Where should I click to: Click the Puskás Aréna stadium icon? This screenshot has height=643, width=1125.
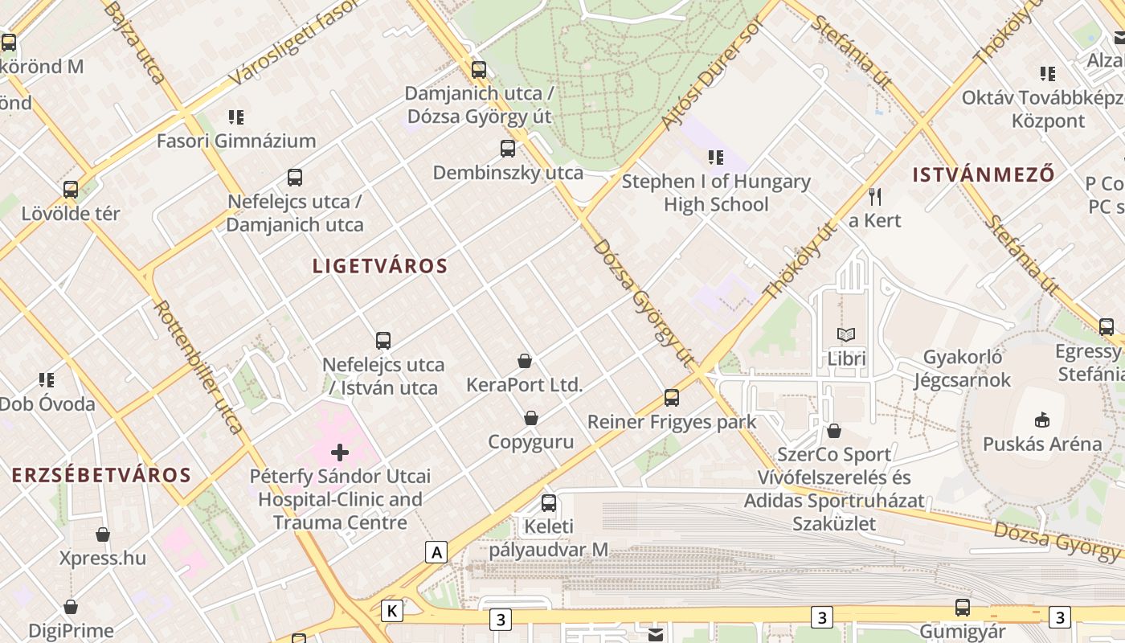click(1042, 419)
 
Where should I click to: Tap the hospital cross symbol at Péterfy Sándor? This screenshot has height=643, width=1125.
click(340, 453)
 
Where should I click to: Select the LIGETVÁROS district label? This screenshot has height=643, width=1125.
click(379, 266)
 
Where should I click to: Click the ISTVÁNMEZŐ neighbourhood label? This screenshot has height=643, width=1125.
click(984, 174)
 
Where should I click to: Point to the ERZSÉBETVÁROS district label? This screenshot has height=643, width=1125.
click(101, 475)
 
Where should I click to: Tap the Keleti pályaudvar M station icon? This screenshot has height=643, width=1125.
click(549, 503)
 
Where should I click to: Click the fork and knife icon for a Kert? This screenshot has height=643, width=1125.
click(875, 196)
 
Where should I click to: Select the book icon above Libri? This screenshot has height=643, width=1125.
click(846, 334)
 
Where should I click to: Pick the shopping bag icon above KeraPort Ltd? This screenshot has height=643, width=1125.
click(525, 361)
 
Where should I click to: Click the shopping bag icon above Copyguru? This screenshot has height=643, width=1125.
click(531, 418)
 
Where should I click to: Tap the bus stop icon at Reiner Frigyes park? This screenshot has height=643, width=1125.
click(672, 398)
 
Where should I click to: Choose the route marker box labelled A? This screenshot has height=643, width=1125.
click(436, 552)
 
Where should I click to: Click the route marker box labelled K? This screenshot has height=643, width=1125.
click(392, 610)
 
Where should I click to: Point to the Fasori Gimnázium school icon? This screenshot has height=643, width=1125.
click(235, 117)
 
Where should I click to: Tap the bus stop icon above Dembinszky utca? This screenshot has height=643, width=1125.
click(508, 149)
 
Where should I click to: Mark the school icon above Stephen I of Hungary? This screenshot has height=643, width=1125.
click(715, 158)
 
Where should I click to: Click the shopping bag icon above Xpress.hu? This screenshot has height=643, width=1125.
click(103, 534)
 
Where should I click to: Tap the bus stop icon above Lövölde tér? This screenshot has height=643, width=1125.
click(71, 190)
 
